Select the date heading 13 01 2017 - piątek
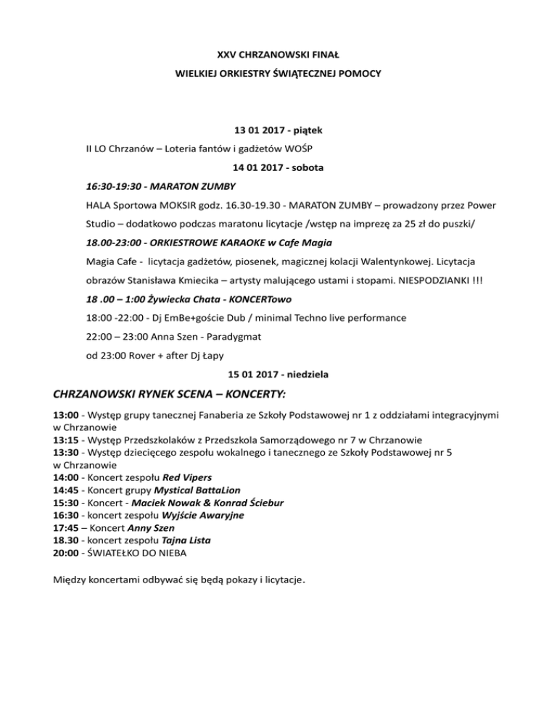pyautogui.click(x=278, y=131)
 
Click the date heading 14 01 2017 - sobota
pyautogui.click(x=278, y=167)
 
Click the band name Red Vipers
pyautogui.click(x=186, y=478)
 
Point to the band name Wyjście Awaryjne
pyautogui.click(x=202, y=515)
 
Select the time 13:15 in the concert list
pyautogui.click(x=67, y=441)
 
